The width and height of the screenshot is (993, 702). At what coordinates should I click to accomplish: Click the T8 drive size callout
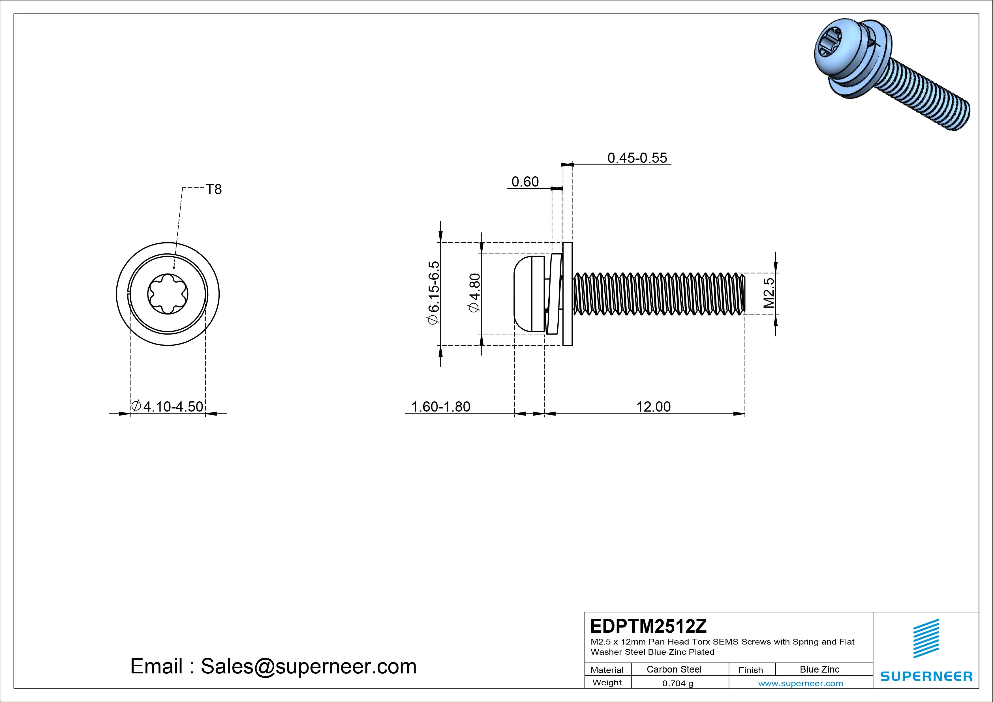(214, 189)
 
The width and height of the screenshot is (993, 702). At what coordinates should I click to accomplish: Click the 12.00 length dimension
(653, 406)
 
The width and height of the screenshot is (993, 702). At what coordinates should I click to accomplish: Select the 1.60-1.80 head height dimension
(440, 406)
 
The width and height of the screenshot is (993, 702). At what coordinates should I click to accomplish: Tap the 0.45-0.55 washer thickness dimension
(637, 158)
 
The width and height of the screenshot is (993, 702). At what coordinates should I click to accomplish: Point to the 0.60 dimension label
(525, 182)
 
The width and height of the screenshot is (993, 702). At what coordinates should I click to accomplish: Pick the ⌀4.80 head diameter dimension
(474, 292)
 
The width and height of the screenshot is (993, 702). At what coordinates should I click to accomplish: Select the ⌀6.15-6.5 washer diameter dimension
(433, 292)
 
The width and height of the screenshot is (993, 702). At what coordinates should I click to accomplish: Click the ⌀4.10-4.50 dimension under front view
(167, 406)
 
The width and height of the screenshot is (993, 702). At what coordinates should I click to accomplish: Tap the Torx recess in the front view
(168, 294)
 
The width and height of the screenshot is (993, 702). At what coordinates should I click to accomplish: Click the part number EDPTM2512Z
(648, 626)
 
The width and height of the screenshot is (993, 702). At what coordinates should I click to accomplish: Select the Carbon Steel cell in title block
(674, 669)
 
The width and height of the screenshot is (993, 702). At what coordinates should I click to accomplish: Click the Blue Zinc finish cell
(819, 669)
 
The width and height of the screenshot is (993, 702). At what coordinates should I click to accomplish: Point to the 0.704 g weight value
(677, 683)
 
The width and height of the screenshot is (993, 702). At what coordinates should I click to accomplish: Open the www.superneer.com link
(800, 683)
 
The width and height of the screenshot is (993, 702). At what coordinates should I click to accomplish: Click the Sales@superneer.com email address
(308, 666)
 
